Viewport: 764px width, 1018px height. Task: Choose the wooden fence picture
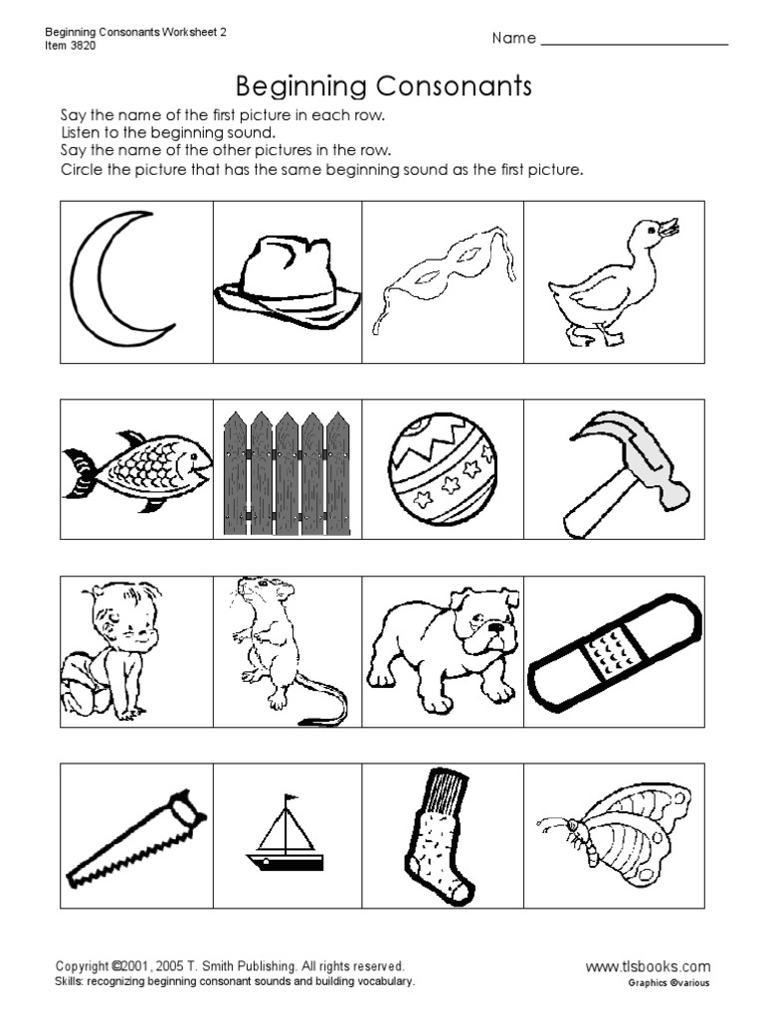287,474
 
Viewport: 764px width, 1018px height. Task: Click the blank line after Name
634,42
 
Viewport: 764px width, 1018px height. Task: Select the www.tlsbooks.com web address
648,965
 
